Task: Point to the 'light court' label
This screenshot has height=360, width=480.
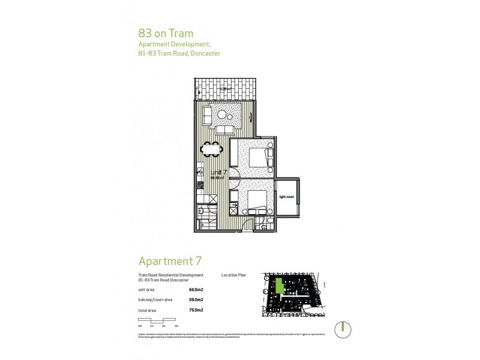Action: (286, 196)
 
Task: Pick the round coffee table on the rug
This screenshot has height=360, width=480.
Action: (223, 114)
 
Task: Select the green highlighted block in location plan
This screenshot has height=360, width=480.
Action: (279, 286)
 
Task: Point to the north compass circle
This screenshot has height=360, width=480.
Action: (341, 328)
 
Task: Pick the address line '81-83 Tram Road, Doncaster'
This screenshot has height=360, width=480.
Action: (179, 53)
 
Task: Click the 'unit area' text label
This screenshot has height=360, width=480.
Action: (146, 289)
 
